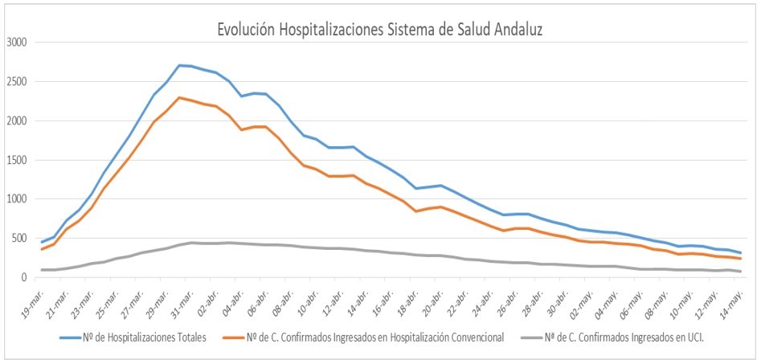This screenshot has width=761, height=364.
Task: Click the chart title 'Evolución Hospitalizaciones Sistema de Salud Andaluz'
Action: [x=381, y=30]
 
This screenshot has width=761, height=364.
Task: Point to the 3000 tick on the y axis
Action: [x=16, y=43]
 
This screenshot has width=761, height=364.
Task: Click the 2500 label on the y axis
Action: [x=16, y=82]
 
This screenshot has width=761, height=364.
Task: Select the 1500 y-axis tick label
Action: [x=16, y=160]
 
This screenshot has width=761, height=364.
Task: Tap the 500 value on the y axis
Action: [x=19, y=239]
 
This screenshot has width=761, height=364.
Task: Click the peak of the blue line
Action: [x=180, y=65]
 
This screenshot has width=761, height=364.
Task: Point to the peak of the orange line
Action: [x=180, y=97]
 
